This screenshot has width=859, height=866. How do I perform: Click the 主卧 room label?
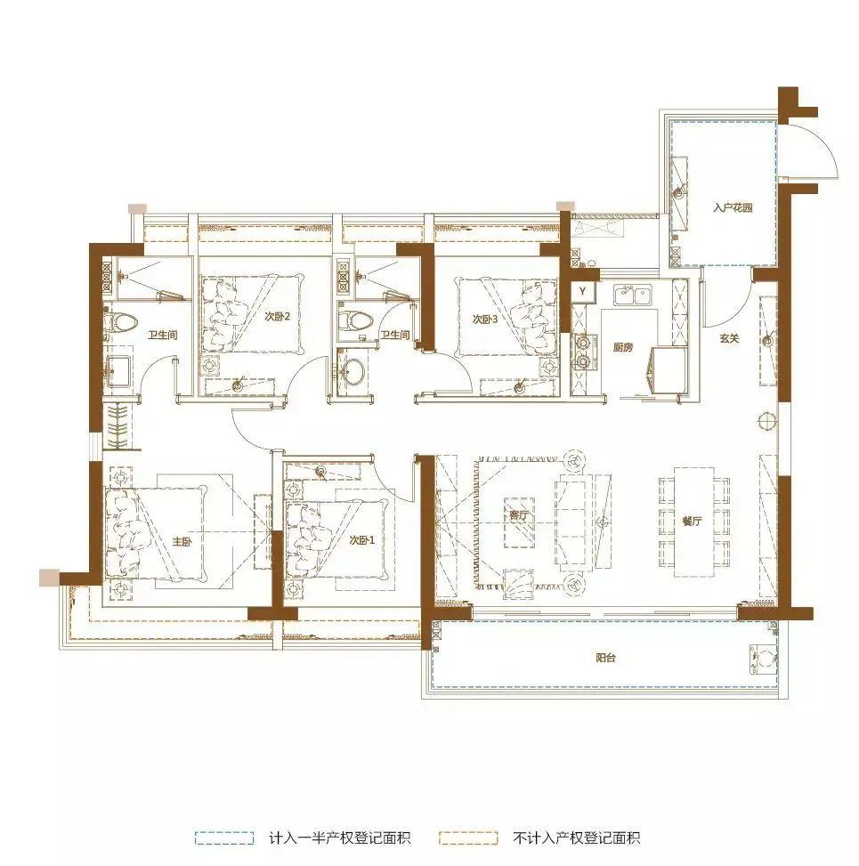click(182, 541)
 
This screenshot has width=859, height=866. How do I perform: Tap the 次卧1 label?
click(361, 539)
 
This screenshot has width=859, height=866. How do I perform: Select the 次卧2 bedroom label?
click(277, 317)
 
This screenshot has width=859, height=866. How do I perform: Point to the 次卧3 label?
click(485, 319)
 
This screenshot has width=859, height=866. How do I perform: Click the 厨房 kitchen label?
click(622, 347)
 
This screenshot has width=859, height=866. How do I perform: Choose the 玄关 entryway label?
click(729, 338)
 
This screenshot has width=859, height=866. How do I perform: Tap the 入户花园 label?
click(733, 207)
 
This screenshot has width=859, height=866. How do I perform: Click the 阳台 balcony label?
click(605, 658)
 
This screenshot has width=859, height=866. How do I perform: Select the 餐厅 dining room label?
click(693, 521)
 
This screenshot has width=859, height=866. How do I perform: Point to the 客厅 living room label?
click(519, 515)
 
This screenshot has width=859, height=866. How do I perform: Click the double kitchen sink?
click(633, 295)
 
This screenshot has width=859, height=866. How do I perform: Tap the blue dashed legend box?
click(224, 838)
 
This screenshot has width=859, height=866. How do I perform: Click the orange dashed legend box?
click(468, 838)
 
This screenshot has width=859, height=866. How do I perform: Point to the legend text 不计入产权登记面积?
click(576, 838)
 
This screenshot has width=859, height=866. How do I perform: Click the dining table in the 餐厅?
click(694, 522)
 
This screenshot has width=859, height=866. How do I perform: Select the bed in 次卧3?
click(506, 317)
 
